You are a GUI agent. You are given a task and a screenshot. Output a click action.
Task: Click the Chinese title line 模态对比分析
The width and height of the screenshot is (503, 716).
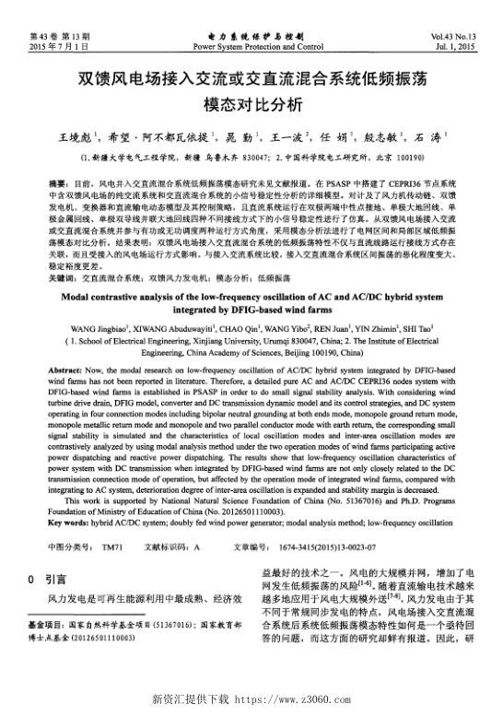tap(251, 103)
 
